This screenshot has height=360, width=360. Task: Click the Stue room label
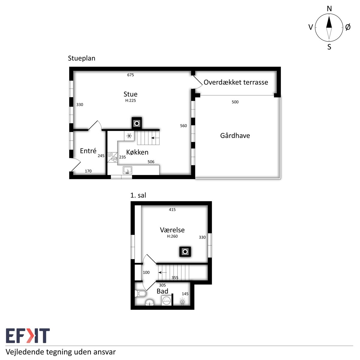coord(130,94)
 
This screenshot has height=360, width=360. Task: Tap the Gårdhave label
coord(235,135)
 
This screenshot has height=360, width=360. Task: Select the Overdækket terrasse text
coord(236,82)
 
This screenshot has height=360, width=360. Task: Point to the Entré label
coord(88,151)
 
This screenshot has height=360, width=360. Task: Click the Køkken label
coord(137,152)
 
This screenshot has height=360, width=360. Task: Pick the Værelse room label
coord(172,230)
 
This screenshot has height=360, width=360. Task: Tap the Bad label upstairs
coord(162,291)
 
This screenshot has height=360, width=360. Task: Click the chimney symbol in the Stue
coord(137,123)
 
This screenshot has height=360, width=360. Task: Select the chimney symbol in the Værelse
coord(185,252)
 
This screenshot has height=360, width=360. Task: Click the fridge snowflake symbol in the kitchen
coord(129,136)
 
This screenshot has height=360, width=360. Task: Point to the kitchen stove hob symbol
coord(112,157)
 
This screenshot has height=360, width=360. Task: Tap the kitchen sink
coord(127,170)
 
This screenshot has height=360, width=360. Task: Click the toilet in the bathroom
coord(140,293)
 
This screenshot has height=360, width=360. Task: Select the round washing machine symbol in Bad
coord(166,301)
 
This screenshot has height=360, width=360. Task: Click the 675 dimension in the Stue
coord(130,75)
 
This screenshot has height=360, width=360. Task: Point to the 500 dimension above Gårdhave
coord(235,102)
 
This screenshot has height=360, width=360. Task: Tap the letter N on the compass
coord(329,9)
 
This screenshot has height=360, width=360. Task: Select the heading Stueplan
coord(82,58)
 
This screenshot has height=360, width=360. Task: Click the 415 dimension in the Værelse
coord(172,210)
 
